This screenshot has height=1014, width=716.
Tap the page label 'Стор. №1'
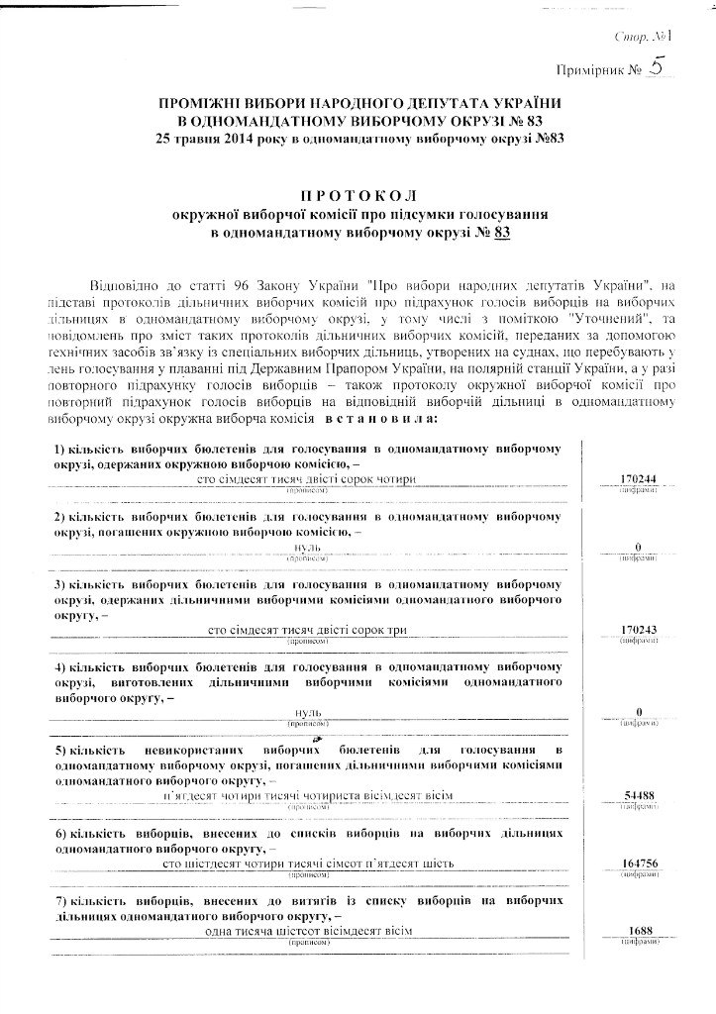[x=643, y=37]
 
